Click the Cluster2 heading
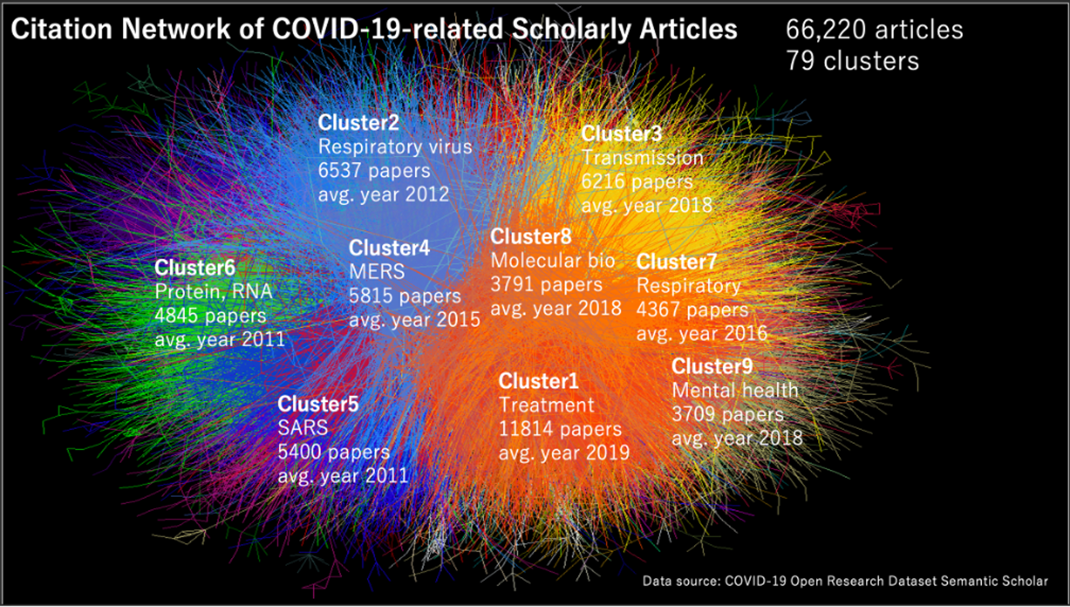pyautogui.click(x=358, y=123)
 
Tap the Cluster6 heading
pyautogui.click(x=194, y=267)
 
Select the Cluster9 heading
pyautogui.click(x=712, y=366)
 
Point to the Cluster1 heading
pyautogui.click(x=538, y=381)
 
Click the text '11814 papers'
pyautogui.click(x=560, y=429)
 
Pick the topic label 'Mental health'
pyautogui.click(x=735, y=390)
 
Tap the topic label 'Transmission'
pyautogui.click(x=642, y=157)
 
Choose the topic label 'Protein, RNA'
pyautogui.click(x=213, y=291)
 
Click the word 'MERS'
pyautogui.click(x=377, y=272)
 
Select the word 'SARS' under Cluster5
pyautogui.click(x=302, y=428)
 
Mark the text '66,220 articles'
pyautogui.click(x=874, y=30)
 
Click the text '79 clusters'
pyautogui.click(x=852, y=61)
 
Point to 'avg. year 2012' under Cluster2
pyautogui.click(x=383, y=194)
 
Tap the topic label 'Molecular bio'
pyautogui.click(x=552, y=261)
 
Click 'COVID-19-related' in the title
pyautogui.click(x=387, y=29)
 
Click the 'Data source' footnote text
pyautogui.click(x=845, y=581)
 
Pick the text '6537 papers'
pyautogui.click(x=374, y=171)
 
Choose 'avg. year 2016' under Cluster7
pyautogui.click(x=701, y=333)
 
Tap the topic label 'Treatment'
pyautogui.click(x=546, y=405)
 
